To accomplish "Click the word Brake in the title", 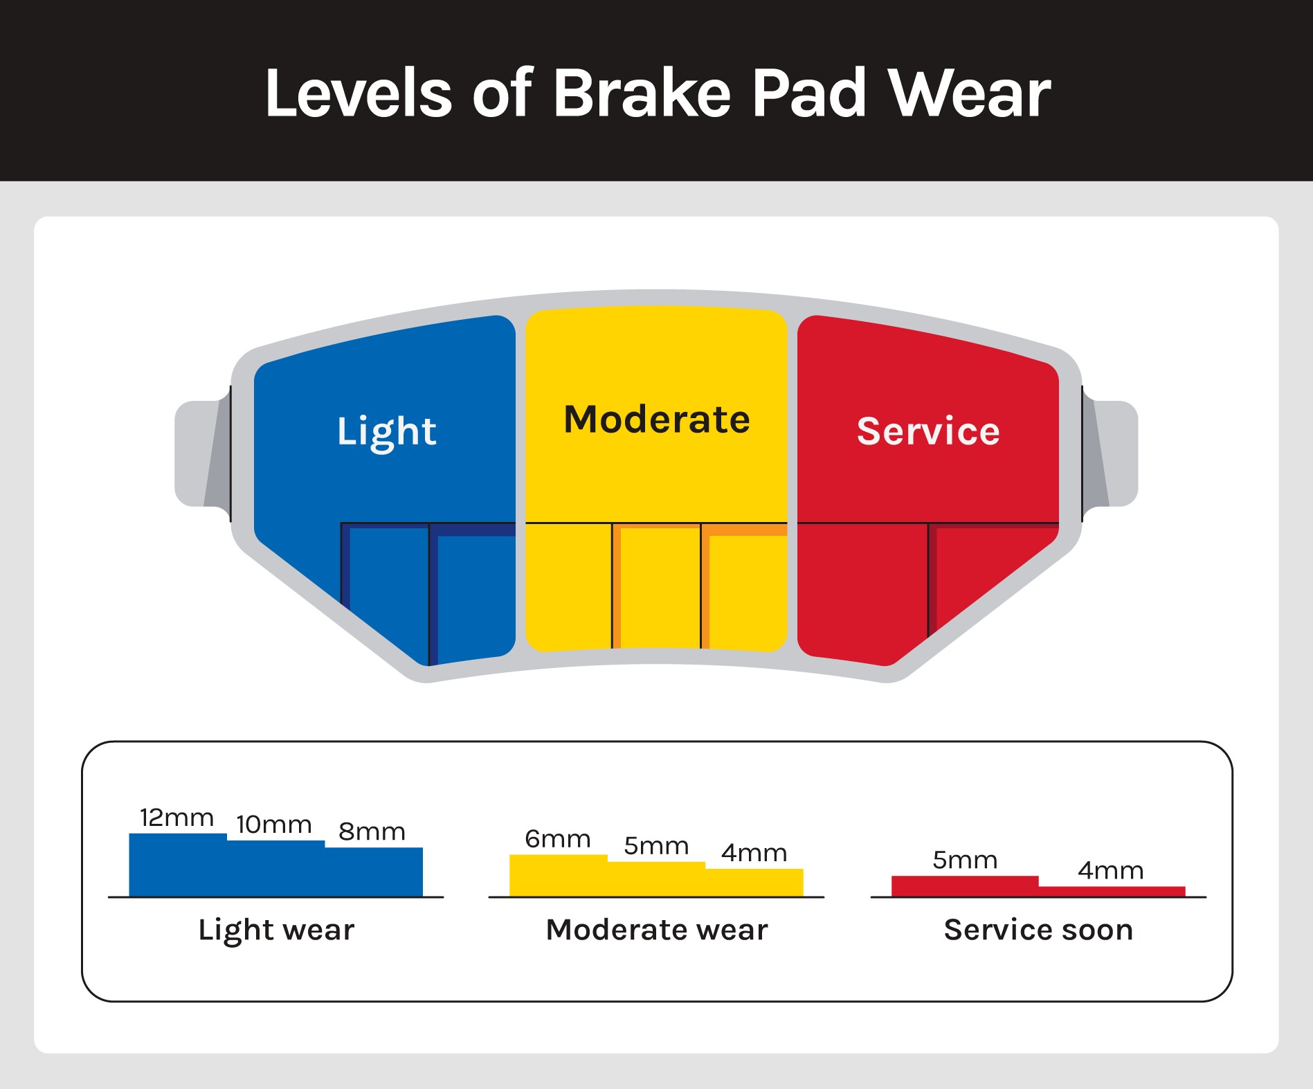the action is coord(642,93).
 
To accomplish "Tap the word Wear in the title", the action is coord(969,93).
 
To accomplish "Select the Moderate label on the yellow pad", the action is coord(657,420).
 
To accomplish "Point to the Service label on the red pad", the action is coord(928,431).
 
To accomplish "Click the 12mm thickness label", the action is coord(176,818).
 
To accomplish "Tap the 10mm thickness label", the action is coord(274,825).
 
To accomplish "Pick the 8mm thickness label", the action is coord(372,831).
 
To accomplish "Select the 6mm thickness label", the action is coord(558,839).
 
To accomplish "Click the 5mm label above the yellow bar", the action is coord(656,846).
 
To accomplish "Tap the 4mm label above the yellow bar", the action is coord(754,853).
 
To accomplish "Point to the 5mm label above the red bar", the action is coord(965,861).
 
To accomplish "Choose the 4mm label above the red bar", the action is coord(1111,870).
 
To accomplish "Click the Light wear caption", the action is coord(276,930).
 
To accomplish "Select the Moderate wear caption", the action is coord(657,930).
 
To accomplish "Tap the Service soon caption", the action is coord(1038,930).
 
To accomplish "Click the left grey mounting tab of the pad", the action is coord(202,453).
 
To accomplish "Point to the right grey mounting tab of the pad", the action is coord(1110,453).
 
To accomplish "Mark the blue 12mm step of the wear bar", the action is coord(178,865).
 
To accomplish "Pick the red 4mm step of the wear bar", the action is coord(1112,892).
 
